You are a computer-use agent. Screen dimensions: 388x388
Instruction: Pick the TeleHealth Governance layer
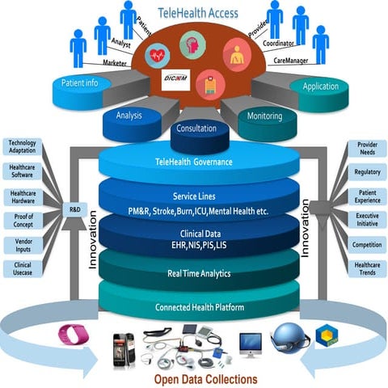tap(193, 162)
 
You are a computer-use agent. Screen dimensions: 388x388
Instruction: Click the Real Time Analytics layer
tap(193, 274)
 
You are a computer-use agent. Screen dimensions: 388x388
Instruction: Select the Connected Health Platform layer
tap(193, 307)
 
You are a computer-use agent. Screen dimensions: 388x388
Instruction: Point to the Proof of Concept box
tap(22, 221)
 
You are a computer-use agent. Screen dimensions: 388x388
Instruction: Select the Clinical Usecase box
tap(22, 269)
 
